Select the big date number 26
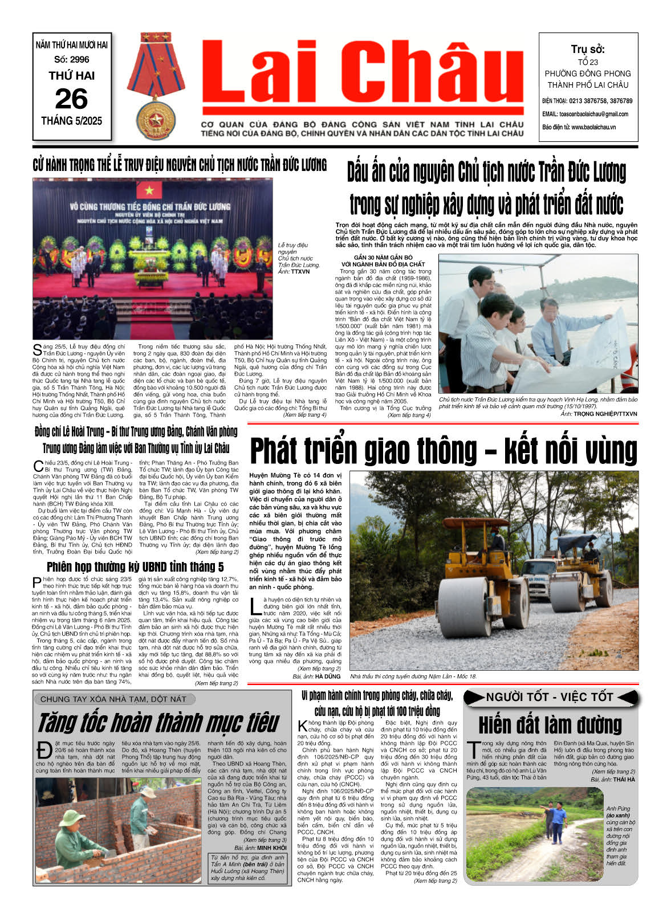(71, 99)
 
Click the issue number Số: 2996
(71, 59)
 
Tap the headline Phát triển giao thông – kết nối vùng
(443, 451)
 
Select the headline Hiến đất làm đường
(550, 725)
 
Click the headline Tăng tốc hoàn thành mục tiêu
(158, 723)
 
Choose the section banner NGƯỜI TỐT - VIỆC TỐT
(550, 697)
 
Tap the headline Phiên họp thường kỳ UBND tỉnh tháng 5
(135, 567)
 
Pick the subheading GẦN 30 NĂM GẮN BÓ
(383, 258)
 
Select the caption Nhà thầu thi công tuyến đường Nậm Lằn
(413, 677)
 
